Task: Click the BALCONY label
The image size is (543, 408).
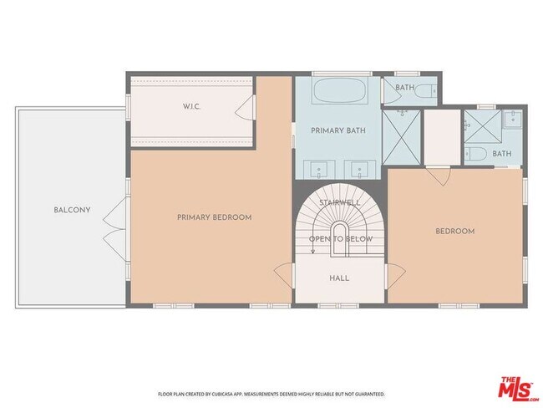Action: [x=72, y=210]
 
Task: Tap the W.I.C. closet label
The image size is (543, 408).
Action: [x=193, y=107]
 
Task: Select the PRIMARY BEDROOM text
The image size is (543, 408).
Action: [x=214, y=217]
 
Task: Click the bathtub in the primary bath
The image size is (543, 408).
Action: [x=337, y=90]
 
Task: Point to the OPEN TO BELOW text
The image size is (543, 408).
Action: [x=340, y=239]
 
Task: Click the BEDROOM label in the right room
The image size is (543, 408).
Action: [x=454, y=232]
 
